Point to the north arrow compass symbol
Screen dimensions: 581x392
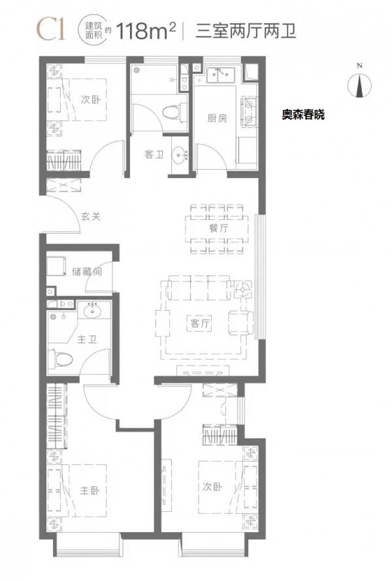359,83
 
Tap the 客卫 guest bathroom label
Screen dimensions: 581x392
154,154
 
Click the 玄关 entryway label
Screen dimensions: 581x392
91,217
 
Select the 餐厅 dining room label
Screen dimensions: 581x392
218,228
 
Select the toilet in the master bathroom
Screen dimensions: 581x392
62,358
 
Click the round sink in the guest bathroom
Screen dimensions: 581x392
178,155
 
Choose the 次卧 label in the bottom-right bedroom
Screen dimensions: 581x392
212,487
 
